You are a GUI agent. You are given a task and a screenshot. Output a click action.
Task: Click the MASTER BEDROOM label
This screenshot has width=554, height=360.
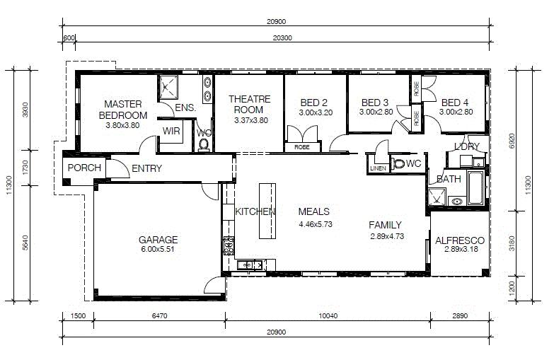pyautogui.click(x=123, y=110)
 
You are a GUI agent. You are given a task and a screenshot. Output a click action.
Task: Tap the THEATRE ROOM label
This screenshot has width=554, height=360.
pyautogui.click(x=250, y=104)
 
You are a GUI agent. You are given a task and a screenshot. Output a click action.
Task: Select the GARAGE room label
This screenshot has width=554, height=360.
pyautogui.click(x=158, y=240)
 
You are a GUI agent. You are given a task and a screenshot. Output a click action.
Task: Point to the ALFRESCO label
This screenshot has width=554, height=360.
pyautogui.click(x=460, y=240)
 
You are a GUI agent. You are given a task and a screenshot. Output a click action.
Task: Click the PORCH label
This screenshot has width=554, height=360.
pyautogui.click(x=84, y=168)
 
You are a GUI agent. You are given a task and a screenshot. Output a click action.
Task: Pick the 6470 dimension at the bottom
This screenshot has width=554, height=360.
pyautogui.click(x=160, y=315)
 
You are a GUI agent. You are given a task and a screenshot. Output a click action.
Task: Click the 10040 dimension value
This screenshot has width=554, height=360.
pyautogui.click(x=328, y=315)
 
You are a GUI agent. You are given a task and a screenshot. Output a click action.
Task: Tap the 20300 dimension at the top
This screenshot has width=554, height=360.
pyautogui.click(x=282, y=37)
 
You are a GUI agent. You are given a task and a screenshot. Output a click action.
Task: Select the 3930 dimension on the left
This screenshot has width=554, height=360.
pyautogui.click(x=25, y=110)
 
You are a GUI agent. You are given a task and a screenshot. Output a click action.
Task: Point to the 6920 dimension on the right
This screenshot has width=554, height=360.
pyautogui.click(x=512, y=141)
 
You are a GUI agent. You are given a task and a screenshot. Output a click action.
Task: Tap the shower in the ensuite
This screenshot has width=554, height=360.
pyautogui.click(x=168, y=87)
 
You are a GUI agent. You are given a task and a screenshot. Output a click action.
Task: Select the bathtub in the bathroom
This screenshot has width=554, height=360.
pyautogui.click(x=475, y=187)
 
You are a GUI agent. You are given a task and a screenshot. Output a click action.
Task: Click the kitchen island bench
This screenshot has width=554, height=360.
pyautogui.click(x=267, y=211)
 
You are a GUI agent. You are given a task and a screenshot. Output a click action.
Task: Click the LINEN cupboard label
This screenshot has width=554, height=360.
pyautogui.click(x=378, y=168)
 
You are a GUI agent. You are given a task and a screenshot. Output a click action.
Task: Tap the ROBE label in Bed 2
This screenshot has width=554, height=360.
pyautogui.click(x=302, y=147)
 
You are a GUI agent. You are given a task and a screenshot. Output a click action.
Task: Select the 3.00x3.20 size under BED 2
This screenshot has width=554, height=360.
pyautogui.click(x=316, y=112)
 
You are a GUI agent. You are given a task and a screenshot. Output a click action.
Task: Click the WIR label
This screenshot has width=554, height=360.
pyautogui.click(x=171, y=131)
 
